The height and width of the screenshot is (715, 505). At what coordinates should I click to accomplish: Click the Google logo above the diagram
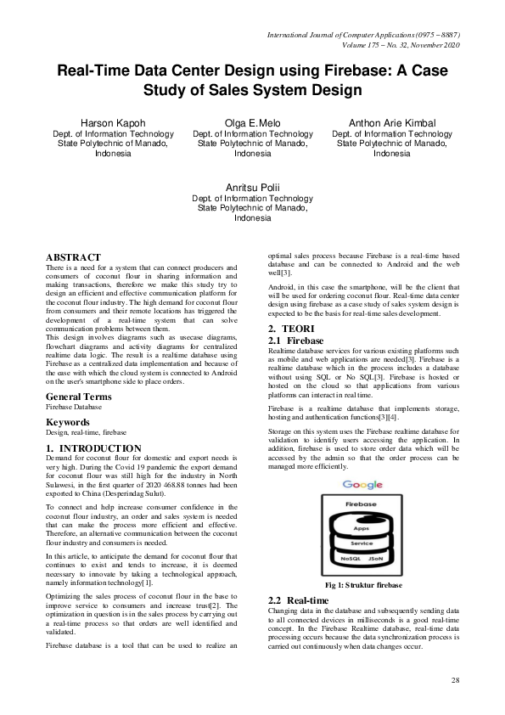pos(362,485)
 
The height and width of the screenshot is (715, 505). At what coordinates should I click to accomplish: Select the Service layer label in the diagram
pos(362,543)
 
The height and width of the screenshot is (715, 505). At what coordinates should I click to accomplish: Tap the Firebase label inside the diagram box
pos(362,504)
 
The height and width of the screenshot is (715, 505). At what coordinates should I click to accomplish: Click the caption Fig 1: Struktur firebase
pos(362,586)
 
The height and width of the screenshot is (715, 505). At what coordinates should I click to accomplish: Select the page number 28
pos(456,681)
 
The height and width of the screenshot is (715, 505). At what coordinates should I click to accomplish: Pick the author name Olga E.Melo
pos(252,123)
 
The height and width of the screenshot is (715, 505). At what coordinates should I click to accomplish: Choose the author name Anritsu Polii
pos(252,187)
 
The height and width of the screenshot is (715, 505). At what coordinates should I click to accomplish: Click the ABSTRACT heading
pos(73,256)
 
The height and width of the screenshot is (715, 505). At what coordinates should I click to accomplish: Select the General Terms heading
pos(79,397)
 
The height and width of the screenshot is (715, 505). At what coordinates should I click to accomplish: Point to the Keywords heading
pos(68,421)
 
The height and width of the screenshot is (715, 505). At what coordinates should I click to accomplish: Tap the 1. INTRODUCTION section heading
pos(93,448)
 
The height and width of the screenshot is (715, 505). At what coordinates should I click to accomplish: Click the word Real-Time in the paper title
pos(92,72)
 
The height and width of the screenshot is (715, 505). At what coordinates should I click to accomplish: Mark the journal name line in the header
pos(363,35)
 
